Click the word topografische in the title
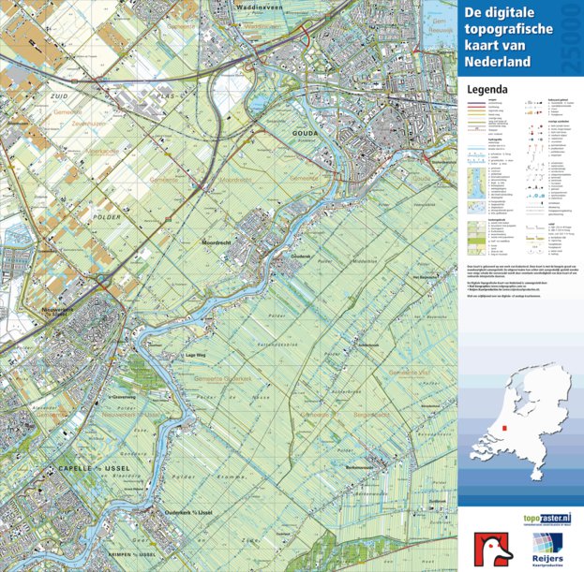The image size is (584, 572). (510, 29)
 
